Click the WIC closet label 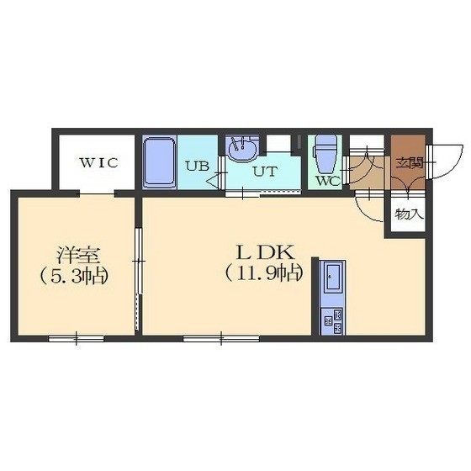coord(98,163)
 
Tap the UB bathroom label coord(197,166)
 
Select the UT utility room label coord(264,172)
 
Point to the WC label coord(328,181)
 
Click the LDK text coord(265,252)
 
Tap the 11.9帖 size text coord(264,273)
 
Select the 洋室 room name coord(77,256)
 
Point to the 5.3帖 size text coord(74,276)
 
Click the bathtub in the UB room coord(159,162)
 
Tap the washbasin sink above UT coord(242,149)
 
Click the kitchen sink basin coord(333,277)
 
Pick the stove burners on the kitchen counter coord(332,321)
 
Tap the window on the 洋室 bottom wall coord(77,339)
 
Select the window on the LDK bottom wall coord(221,339)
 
